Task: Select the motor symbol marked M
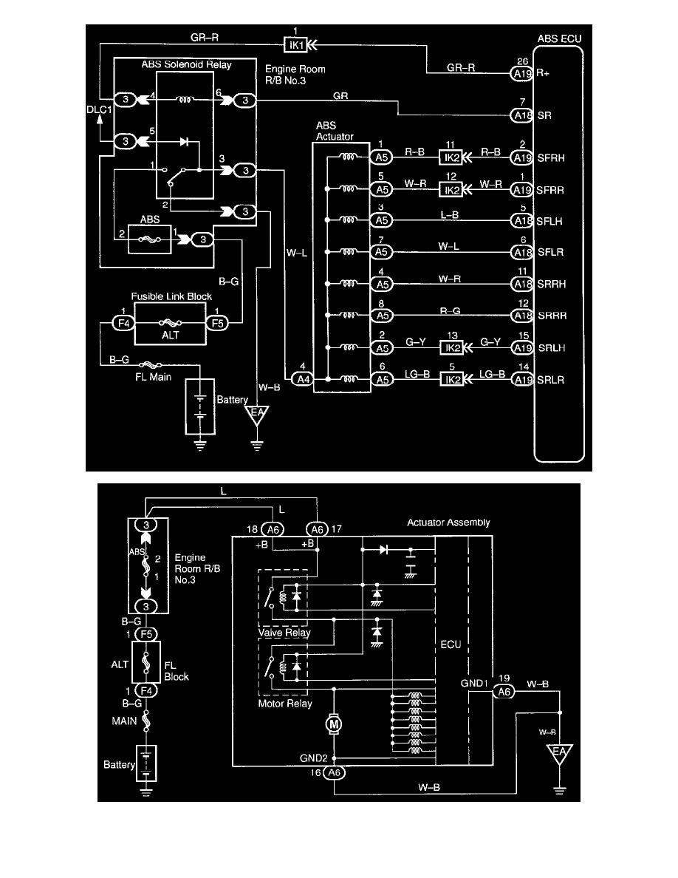tap(334, 724)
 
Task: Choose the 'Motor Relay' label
tap(285, 704)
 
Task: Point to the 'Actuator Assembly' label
tap(448, 523)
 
